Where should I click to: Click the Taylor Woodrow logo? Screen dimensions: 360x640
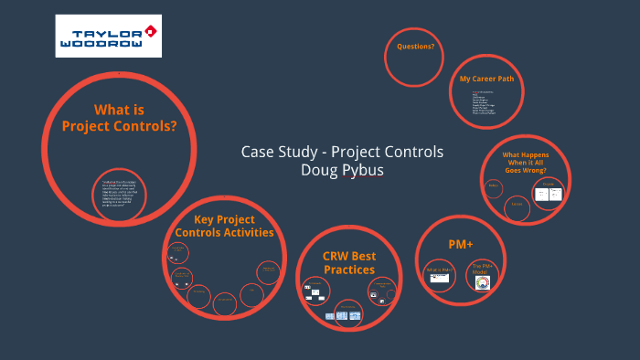[x=108, y=36]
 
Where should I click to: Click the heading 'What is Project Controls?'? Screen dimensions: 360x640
[x=119, y=118]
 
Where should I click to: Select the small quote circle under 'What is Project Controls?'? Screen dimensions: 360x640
[x=120, y=195]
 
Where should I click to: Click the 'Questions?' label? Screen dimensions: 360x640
[x=415, y=47]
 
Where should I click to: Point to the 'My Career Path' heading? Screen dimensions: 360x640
[x=486, y=79]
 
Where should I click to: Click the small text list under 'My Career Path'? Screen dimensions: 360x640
[x=482, y=105]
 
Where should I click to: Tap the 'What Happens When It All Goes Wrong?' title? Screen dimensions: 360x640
[x=526, y=163]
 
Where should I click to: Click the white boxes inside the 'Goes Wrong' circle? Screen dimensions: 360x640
[x=549, y=193]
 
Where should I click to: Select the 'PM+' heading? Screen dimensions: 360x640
[x=461, y=245]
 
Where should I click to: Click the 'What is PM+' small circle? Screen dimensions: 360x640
[x=439, y=273]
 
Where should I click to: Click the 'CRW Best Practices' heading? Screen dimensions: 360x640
[x=349, y=263]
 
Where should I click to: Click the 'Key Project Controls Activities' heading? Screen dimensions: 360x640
[x=224, y=226]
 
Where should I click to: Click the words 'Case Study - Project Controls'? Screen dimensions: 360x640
[x=342, y=152]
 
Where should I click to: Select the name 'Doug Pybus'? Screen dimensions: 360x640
[x=342, y=170]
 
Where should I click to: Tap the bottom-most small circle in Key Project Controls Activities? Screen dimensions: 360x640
[x=224, y=303]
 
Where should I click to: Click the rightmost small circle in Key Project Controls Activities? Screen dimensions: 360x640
[x=269, y=272]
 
